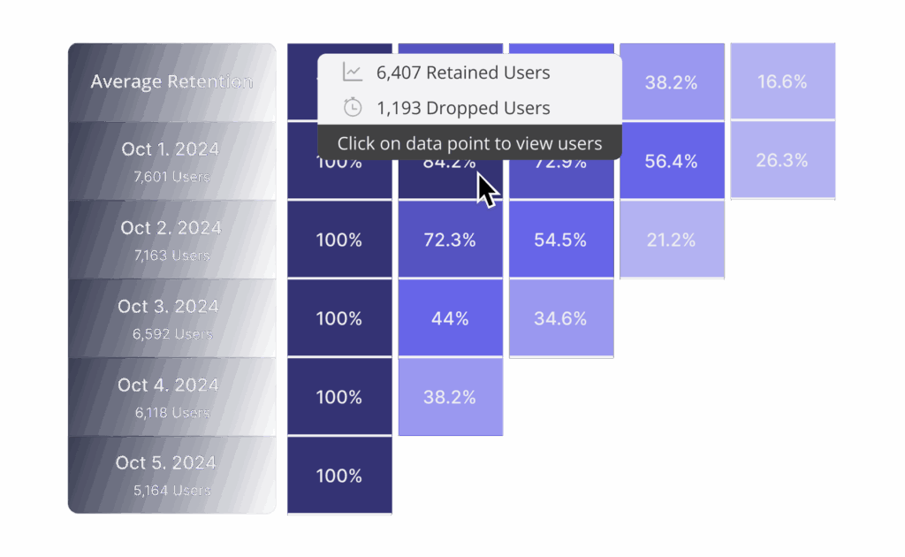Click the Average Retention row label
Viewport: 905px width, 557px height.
[171, 82]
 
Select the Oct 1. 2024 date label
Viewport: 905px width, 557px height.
[171, 149]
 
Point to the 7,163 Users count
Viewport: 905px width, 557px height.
[171, 256]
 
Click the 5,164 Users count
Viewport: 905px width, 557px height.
[171, 491]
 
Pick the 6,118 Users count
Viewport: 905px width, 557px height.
[171, 413]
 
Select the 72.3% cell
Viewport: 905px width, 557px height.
[450, 240]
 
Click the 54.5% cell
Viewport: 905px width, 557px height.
[560, 240]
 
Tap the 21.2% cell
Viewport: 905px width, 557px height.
[671, 240]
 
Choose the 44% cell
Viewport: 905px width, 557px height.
[450, 318]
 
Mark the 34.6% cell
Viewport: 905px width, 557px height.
[560, 318]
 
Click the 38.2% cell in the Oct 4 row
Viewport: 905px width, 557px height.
[450, 397]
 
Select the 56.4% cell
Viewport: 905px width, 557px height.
[671, 161]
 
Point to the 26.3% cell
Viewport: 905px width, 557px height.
[782, 161]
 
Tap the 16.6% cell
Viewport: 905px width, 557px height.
[782, 82]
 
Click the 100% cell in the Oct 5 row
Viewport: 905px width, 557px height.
[339, 476]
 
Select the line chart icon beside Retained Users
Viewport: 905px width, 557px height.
[353, 72]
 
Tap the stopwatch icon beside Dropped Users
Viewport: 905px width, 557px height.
[353, 108]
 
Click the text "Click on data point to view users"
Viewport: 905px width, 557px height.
[469, 143]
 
